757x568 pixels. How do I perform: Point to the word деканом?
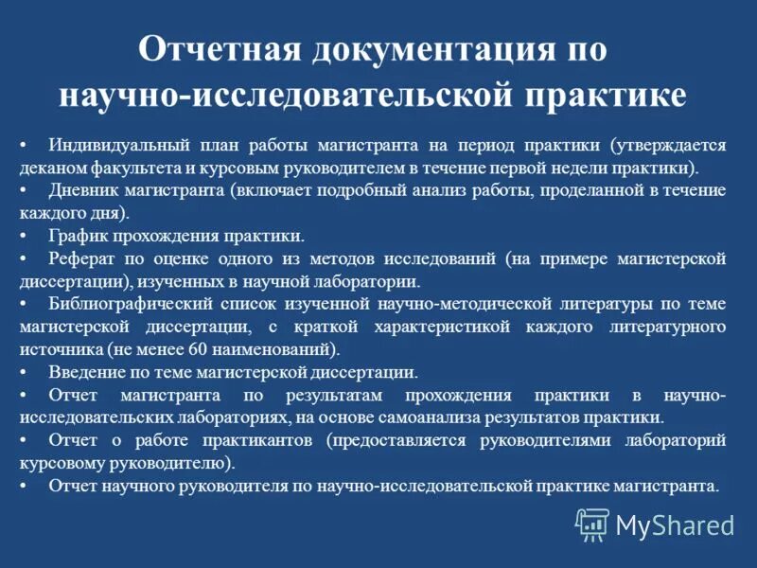click(51, 168)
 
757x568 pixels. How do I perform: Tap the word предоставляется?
click(401, 440)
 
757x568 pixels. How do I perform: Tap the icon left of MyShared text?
click(592, 524)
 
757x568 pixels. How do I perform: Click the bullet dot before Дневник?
click(23, 190)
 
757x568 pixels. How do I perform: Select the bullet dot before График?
click(23, 236)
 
